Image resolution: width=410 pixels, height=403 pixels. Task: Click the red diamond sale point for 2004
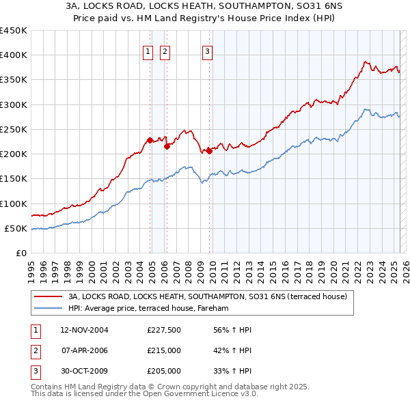[150, 141]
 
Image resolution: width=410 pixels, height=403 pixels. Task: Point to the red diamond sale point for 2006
[167, 146]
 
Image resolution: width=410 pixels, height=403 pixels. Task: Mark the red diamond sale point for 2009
[209, 151]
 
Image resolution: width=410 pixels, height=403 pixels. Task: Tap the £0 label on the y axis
[22, 253]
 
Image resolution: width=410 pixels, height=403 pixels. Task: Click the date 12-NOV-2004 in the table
[84, 330]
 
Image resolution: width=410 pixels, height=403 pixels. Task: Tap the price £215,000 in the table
[164, 350]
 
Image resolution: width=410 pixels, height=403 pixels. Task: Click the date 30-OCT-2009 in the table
[84, 371]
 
